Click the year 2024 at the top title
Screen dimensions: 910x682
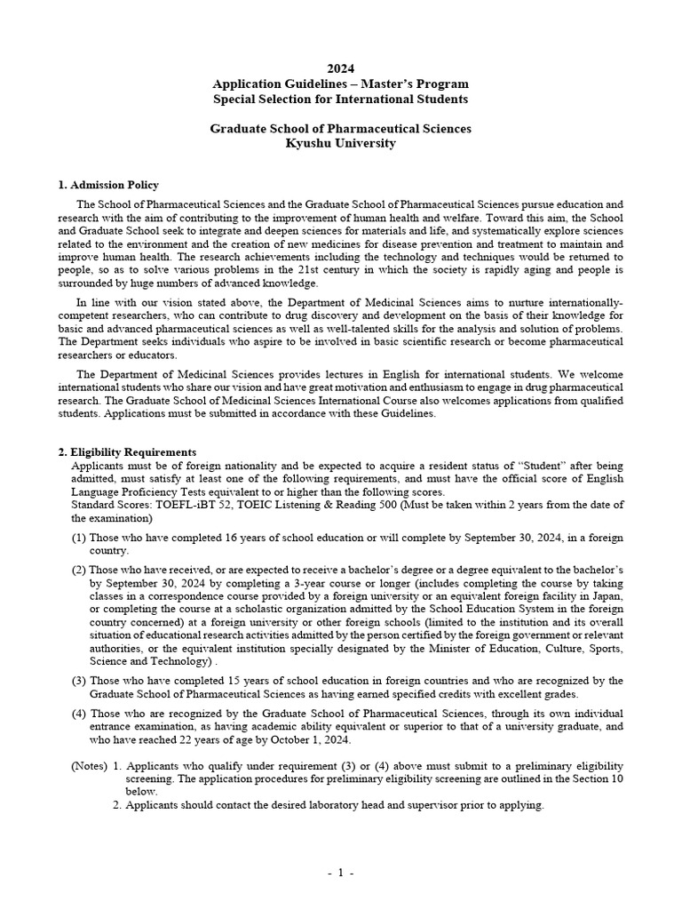341,68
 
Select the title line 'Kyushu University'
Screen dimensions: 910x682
341,143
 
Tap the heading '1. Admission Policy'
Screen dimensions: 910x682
108,185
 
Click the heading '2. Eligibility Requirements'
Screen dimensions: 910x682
127,451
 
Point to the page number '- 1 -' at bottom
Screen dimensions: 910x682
341,874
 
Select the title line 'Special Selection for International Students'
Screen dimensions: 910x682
341,99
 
